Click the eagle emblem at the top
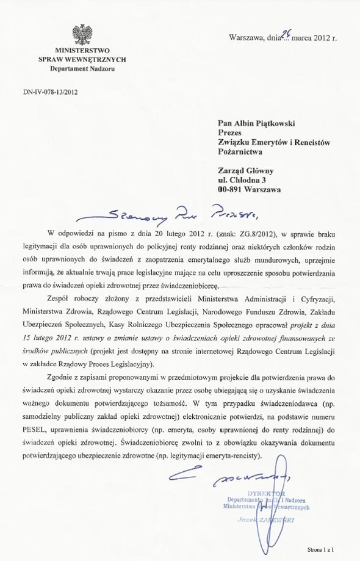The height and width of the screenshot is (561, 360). (81, 34)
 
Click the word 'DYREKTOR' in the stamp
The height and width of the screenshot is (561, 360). (266, 492)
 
